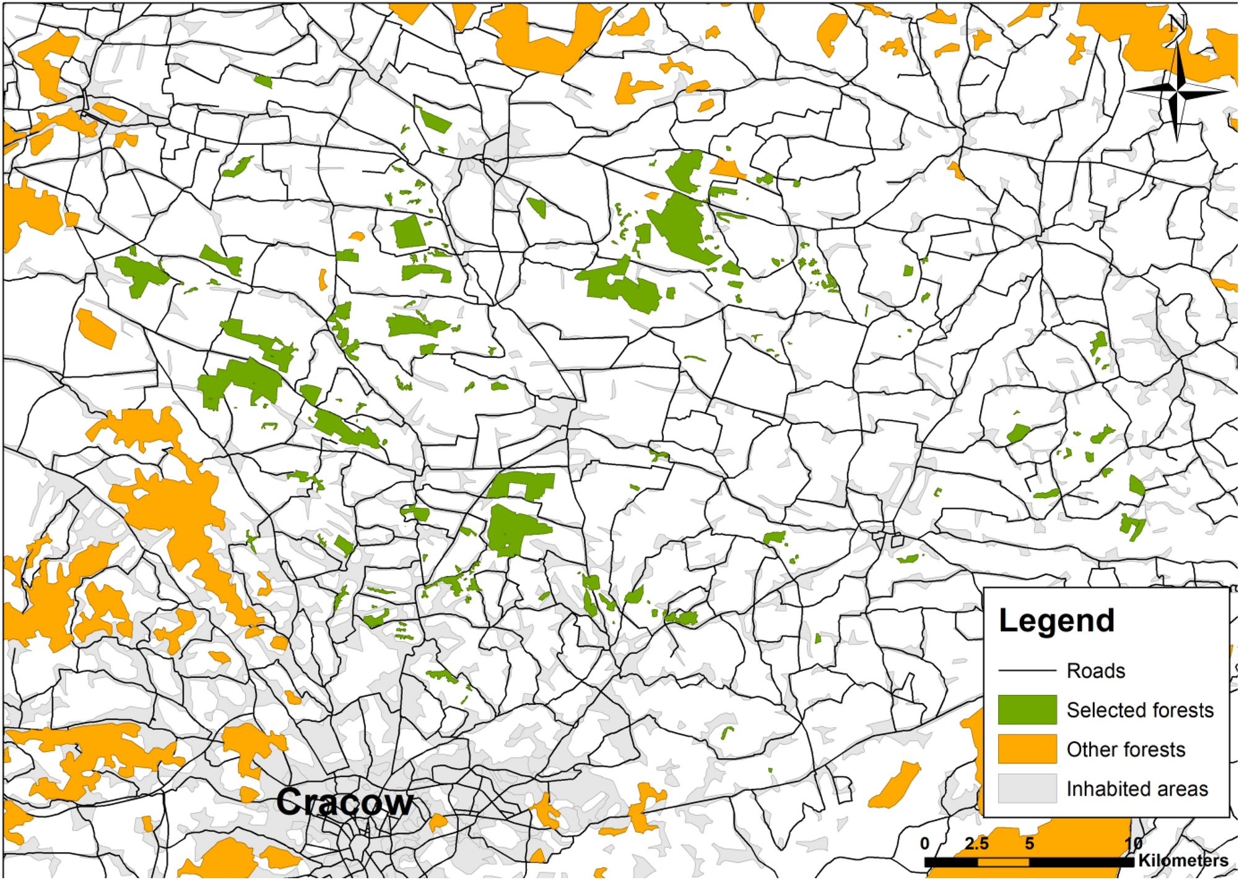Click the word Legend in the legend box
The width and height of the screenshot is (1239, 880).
pos(1056,620)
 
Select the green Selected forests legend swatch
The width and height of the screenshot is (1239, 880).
pos(1027,709)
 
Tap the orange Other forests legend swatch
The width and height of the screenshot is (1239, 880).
pos(1027,749)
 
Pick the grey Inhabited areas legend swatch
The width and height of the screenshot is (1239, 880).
pos(1027,788)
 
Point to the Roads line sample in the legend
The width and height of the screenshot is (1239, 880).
pos(1027,671)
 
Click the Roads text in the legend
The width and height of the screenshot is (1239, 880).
pos(1095,671)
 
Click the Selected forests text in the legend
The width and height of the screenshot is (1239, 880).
pos(1139,710)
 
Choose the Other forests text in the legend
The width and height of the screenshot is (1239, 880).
pos(1125,749)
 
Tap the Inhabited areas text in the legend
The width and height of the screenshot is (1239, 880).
pos(1136,789)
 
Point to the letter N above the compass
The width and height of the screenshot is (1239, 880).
pos(1177,24)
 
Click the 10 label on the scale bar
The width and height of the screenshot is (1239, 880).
pos(1133,843)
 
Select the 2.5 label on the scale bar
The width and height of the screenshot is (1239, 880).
pos(976,843)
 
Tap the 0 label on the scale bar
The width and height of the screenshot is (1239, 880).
pos(924,843)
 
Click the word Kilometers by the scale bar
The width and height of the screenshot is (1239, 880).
pos(1183,860)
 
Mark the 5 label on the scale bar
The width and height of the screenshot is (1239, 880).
pos(1029,843)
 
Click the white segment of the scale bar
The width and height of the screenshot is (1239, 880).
pos(1003,861)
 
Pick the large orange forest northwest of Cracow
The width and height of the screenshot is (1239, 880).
pos(176,508)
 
